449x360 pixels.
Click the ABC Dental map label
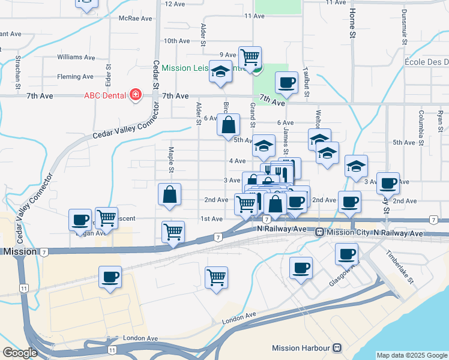point(104,95)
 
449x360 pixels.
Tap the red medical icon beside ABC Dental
point(136,95)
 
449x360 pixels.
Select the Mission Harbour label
point(301,348)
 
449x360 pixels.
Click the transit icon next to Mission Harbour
point(337,348)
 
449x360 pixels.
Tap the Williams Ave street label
point(76,58)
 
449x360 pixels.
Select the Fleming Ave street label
point(75,77)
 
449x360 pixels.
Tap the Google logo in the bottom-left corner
point(20,353)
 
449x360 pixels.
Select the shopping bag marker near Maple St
point(170,194)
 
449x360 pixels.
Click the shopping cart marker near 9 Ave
point(250,58)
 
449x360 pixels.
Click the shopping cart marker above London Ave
point(216,277)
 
